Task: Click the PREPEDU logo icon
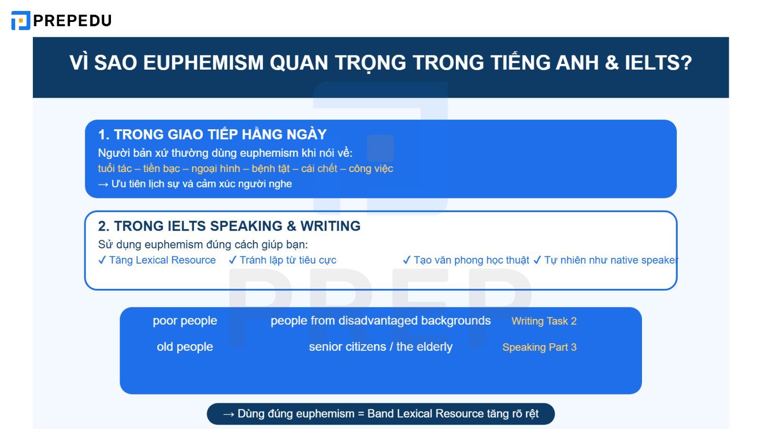(20, 20)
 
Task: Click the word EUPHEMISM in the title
(203, 63)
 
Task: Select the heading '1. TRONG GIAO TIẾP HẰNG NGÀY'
(212, 134)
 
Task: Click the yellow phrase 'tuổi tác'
(115, 169)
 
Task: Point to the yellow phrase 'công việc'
(371, 169)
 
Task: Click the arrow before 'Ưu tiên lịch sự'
(103, 184)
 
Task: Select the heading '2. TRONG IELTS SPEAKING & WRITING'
(229, 226)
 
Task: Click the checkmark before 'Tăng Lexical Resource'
(102, 260)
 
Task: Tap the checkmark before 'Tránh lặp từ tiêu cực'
(232, 260)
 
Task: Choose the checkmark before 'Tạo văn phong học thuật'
(406, 260)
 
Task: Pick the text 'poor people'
(185, 321)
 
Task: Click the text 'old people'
(185, 347)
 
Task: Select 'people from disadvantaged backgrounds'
(381, 321)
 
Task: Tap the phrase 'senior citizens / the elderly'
(381, 347)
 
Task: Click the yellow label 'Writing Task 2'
(544, 321)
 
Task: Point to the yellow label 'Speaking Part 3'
(539, 347)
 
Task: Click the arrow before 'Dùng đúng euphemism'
(229, 414)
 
